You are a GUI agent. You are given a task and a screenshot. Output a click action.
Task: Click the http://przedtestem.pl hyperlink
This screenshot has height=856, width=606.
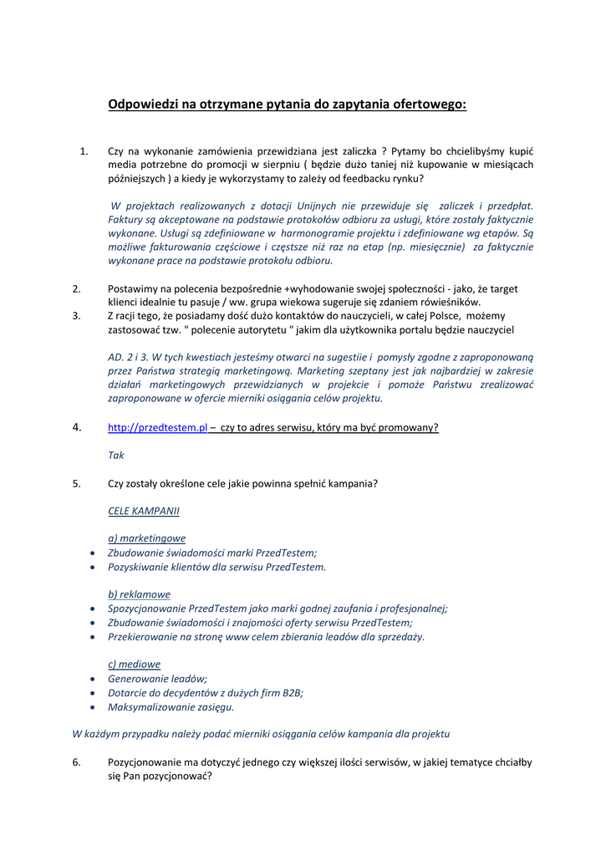(157, 427)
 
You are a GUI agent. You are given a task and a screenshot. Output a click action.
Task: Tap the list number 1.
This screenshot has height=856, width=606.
(83, 150)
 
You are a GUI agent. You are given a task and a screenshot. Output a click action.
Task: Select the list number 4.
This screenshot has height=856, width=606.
(76, 427)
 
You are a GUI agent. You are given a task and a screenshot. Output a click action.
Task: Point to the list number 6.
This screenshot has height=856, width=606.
(76, 762)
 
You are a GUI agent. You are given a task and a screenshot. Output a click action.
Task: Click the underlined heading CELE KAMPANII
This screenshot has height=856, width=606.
(143, 510)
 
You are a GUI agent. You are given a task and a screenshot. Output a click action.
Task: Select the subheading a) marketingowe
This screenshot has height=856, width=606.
(146, 538)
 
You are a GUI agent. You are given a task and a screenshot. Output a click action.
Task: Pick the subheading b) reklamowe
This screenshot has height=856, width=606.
(139, 594)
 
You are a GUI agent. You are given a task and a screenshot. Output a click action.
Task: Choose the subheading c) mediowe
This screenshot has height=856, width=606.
(134, 664)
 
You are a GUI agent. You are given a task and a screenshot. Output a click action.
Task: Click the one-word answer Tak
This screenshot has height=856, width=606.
(116, 456)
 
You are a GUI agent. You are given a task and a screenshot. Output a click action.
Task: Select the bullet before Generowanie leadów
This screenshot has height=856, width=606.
(91, 679)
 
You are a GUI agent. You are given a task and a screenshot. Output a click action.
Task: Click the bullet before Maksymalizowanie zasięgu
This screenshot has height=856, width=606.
(91, 707)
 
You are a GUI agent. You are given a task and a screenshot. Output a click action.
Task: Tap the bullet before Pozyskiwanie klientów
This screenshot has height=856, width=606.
(91, 567)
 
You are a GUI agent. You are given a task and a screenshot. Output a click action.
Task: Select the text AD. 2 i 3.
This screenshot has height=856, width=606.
(131, 356)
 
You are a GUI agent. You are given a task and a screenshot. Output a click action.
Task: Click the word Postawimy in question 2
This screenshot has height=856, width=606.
(132, 288)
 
